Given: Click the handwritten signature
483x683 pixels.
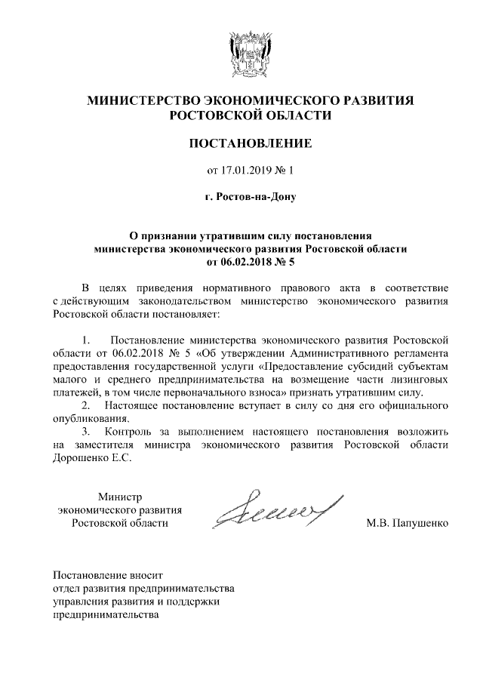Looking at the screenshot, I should [275, 508].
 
